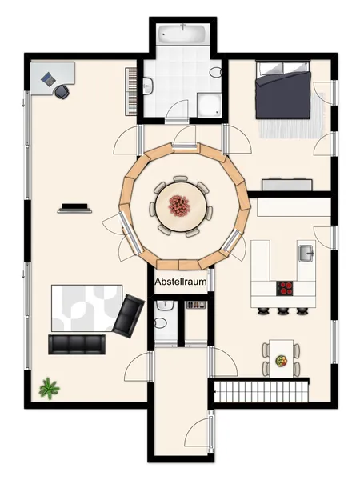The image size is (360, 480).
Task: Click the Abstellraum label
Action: click(181, 282)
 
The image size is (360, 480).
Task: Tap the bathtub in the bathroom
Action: click(182, 34)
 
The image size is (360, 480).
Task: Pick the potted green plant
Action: click(49, 388)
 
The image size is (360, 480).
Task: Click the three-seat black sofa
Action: click(77, 344)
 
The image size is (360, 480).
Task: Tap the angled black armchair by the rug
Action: click(129, 316)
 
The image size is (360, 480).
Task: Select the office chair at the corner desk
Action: click(62, 91)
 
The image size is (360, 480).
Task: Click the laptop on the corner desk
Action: click(48, 78)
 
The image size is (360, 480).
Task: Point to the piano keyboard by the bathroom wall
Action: click(130, 91)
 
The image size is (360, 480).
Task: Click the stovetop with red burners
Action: click(285, 288)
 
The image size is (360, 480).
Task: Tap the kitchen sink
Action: click(306, 254)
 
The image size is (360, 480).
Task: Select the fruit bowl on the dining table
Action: click(282, 361)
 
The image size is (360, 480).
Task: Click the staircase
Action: click(261, 390)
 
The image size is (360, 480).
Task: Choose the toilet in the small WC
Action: click(161, 323)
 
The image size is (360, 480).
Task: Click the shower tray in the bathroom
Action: click(209, 105)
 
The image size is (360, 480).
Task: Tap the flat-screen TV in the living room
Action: click(74, 208)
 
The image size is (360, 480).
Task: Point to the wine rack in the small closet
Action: click(196, 305)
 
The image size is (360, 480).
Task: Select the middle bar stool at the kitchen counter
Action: click(283, 311)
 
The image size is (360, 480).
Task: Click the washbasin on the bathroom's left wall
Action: click(148, 86)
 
